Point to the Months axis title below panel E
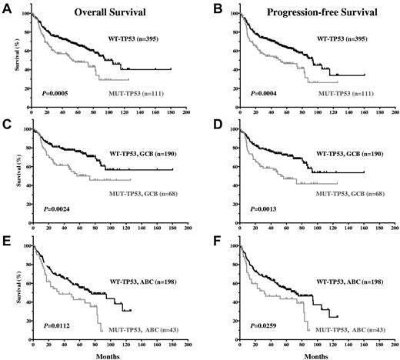pyautogui.click(x=108, y=355)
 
